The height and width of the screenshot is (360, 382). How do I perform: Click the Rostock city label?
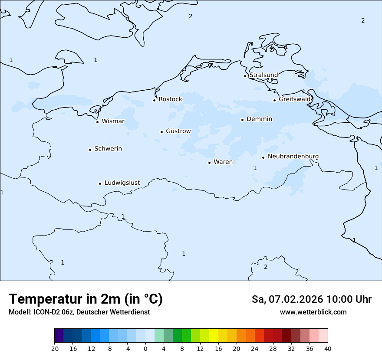pyautogui.click(x=170, y=99)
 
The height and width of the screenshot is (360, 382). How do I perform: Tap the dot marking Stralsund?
pyautogui.click(x=245, y=76)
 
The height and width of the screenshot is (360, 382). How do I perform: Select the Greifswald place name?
pyautogui.click(x=295, y=99)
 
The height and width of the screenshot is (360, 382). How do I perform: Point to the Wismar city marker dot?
pyautogui.click(x=98, y=122)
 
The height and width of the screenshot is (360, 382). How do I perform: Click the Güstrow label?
pyautogui.click(x=178, y=131)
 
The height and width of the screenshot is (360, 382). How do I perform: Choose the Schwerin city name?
pyautogui.click(x=108, y=149)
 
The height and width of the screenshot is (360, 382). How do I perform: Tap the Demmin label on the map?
pyautogui.click(x=259, y=119)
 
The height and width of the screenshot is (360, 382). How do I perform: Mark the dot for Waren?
pyautogui.click(x=209, y=163)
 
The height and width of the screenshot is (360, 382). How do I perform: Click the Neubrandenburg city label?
pyautogui.click(x=293, y=156)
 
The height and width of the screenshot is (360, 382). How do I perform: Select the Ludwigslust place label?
pyautogui.click(x=122, y=183)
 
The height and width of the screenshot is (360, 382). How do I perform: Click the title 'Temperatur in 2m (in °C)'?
pyautogui.click(x=86, y=299)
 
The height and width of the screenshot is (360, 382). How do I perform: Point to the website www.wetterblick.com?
pyautogui.click(x=313, y=312)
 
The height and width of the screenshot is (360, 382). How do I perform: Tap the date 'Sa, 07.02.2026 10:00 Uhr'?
pyautogui.click(x=311, y=299)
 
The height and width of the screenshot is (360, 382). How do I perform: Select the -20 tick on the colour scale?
pyautogui.click(x=54, y=348)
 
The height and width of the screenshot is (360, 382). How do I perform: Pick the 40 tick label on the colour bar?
pyautogui.click(x=328, y=348)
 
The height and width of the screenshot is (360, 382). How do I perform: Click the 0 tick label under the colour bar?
pyautogui.click(x=145, y=348)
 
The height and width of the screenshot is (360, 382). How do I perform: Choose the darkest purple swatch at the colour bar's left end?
pyautogui.click(x=59, y=336)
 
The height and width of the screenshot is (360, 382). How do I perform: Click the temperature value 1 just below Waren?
pyautogui.click(x=255, y=168)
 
